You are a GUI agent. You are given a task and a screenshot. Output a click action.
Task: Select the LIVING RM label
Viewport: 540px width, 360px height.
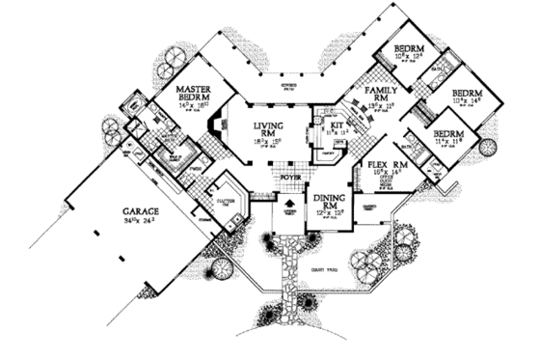[x=267, y=131]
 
